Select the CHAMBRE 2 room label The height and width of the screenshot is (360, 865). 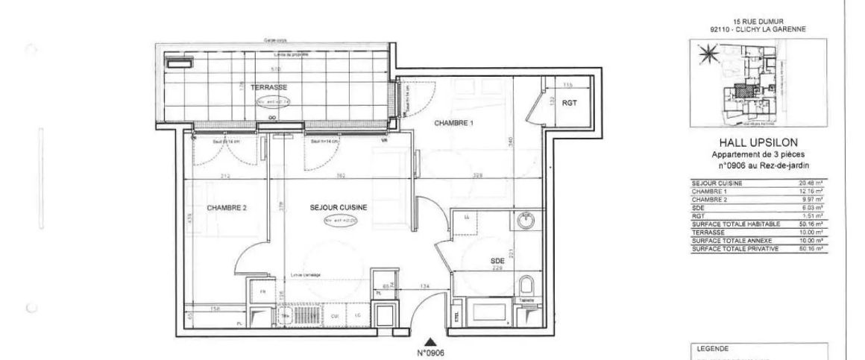click(227, 209)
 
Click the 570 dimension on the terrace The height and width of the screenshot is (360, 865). click(275, 69)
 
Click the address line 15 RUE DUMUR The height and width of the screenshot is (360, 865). click(758, 22)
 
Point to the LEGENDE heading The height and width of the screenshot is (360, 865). click(709, 348)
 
